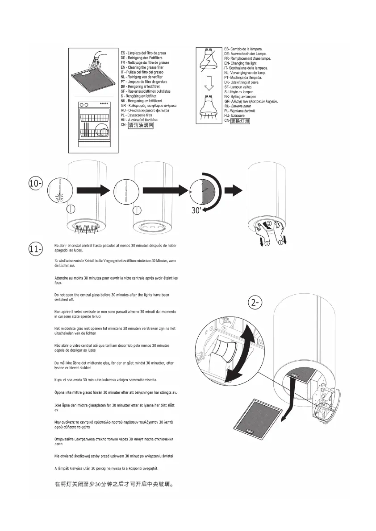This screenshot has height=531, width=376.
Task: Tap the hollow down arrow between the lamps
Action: coord(208,84)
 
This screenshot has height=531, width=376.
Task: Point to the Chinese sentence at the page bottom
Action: coord(113,483)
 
